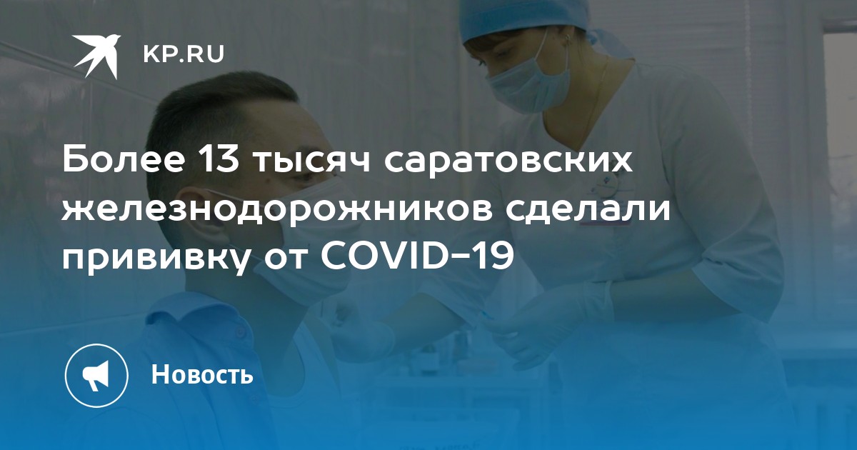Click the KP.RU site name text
(x=184, y=54)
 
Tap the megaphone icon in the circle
(x=96, y=376)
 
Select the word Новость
(x=202, y=374)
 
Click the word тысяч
(x=314, y=162)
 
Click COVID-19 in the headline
(x=417, y=254)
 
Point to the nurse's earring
(x=568, y=39)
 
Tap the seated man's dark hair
(x=214, y=111)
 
